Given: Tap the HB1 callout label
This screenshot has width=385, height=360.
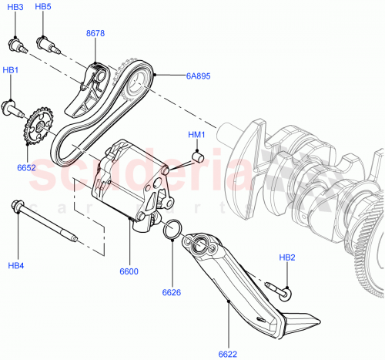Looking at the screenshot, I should pos(11,70).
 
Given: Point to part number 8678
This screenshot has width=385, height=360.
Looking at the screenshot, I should pos(97,35).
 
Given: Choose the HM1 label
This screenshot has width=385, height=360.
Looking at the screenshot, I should pos(197,136).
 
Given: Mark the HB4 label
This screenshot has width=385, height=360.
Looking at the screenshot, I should pos(16,267).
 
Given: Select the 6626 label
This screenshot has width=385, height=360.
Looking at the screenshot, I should pos(171,292).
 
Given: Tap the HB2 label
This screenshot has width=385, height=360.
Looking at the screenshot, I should pos(286,257).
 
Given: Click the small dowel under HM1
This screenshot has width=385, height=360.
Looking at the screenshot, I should pos(196,159).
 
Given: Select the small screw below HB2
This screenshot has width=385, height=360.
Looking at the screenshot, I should pos(280,290).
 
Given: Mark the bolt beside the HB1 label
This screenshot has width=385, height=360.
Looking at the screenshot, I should pos(12,106).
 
